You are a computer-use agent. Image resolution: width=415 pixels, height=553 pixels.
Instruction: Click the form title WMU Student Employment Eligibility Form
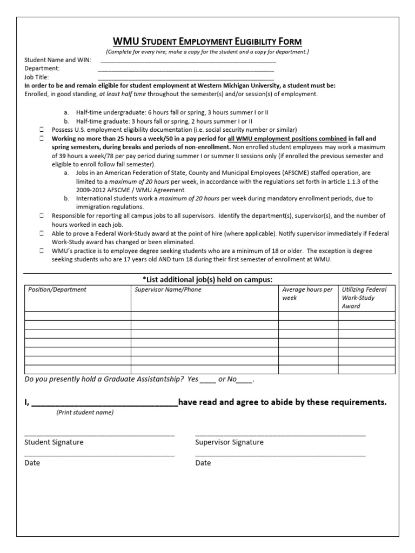tap(207, 42)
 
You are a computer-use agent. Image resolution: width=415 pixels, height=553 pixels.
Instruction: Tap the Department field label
tap(42, 69)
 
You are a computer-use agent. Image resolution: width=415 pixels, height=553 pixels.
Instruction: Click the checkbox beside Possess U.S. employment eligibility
tap(42, 130)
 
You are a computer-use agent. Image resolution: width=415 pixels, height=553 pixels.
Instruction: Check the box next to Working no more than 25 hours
tap(42, 139)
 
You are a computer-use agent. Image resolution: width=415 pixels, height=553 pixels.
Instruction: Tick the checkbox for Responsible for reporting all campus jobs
tap(42, 216)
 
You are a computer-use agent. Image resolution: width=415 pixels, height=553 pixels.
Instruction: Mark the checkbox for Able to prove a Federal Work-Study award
tap(42, 234)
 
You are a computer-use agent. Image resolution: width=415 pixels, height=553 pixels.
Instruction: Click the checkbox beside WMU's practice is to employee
tap(42, 251)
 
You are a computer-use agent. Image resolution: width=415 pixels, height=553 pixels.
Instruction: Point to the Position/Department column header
tap(57, 289)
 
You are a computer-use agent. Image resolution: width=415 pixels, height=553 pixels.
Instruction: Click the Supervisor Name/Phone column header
tap(167, 289)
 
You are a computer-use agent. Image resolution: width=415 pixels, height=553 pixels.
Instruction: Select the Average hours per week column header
tap(307, 294)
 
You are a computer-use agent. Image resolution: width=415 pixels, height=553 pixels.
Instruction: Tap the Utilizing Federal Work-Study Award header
tap(364, 298)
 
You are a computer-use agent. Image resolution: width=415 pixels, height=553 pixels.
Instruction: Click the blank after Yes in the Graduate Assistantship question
tap(207, 380)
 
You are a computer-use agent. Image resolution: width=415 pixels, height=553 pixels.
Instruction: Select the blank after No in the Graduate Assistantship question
tap(244, 380)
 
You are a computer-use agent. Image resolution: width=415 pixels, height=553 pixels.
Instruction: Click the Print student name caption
tap(85, 412)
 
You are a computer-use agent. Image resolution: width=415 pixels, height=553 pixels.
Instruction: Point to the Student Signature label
tap(54, 442)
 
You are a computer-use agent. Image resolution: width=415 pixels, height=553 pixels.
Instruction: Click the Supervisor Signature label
tap(229, 442)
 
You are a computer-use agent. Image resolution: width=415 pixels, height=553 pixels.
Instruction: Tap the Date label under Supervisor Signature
tap(203, 463)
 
